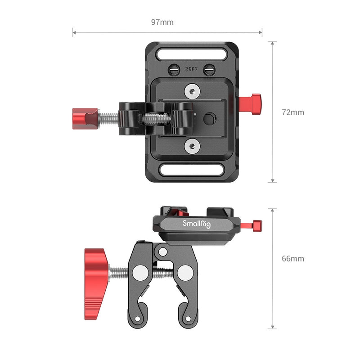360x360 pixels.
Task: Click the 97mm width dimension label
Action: (x=163, y=22)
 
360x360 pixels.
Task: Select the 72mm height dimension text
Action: (x=293, y=112)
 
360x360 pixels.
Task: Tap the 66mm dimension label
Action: (x=293, y=259)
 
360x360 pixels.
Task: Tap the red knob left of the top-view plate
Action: (x=85, y=118)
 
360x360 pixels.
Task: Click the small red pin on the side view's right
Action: (x=257, y=224)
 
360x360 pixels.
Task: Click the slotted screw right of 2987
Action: (x=208, y=70)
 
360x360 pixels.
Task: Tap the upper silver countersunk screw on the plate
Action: (x=192, y=91)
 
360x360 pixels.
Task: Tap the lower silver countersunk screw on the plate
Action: (x=192, y=145)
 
